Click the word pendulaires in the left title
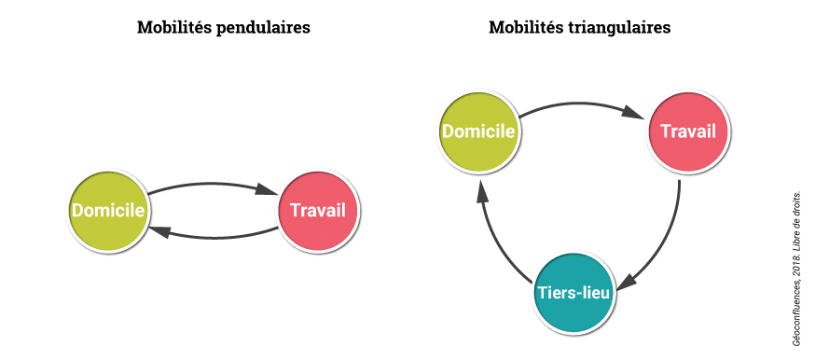(x=263, y=28)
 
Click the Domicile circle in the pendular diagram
(x=108, y=211)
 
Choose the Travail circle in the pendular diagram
(x=318, y=211)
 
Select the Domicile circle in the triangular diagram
(x=479, y=132)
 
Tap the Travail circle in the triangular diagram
(x=687, y=132)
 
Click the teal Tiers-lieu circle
(x=573, y=292)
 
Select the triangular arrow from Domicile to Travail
(x=583, y=105)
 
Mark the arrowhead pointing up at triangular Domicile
(x=481, y=191)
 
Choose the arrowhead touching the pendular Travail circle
(x=269, y=190)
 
